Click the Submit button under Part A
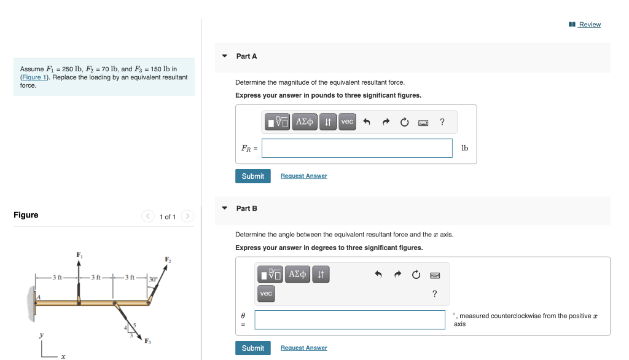252,176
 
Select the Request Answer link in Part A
303,176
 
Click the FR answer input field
357,148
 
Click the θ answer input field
350,319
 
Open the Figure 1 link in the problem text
33,77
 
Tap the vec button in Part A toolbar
347,122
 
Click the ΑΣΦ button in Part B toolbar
298,274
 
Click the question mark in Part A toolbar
442,122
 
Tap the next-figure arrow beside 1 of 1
187,216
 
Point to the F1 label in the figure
79,254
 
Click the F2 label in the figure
167,259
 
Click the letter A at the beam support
38,297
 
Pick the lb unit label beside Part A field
464,148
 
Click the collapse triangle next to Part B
225,208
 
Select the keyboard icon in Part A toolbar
423,122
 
